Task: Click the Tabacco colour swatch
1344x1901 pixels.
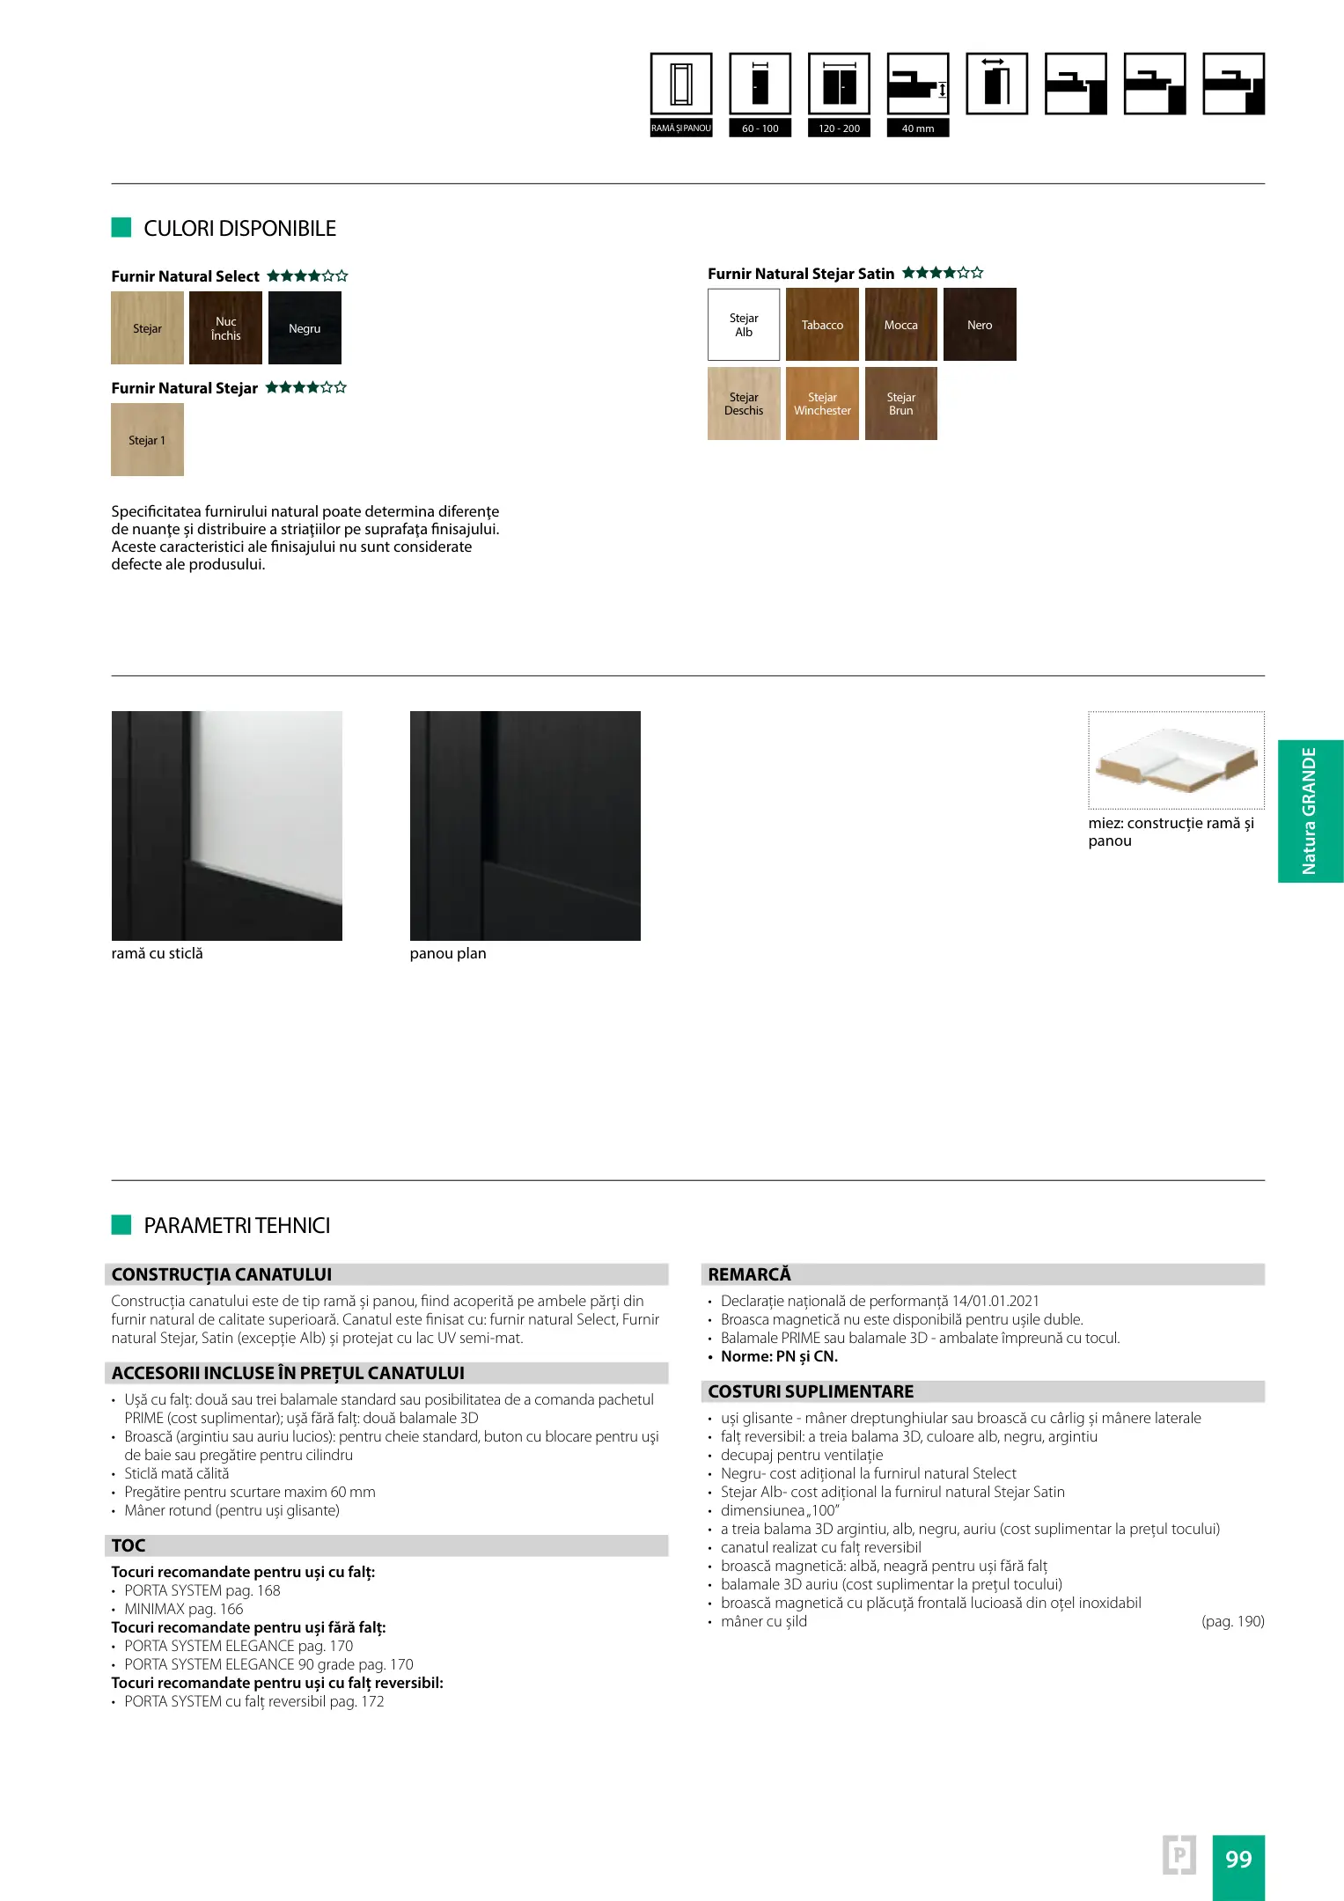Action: [822, 325]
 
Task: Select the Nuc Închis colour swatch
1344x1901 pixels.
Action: [225, 327]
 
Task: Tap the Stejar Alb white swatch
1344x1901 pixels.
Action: [744, 325]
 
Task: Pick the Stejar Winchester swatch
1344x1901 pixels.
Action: [822, 404]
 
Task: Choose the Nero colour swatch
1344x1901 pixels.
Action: [980, 325]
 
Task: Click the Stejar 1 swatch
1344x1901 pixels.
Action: [147, 440]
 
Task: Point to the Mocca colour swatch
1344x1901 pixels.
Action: [900, 325]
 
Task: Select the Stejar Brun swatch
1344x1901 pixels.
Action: [900, 404]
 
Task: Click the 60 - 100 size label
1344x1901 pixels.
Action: [760, 128]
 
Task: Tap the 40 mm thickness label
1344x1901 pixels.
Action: [918, 128]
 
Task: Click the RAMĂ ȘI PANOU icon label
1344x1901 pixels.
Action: [681, 128]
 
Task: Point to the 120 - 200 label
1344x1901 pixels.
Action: [839, 128]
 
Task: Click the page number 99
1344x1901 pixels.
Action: [1238, 1860]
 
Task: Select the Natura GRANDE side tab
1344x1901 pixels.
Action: [1310, 811]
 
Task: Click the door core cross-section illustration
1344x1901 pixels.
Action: [1176, 760]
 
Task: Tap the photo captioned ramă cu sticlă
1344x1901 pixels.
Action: [227, 826]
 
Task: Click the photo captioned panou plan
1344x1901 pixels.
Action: [525, 826]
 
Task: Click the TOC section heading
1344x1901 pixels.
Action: [129, 1545]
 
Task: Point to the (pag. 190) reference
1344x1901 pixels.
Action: [1232, 1621]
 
